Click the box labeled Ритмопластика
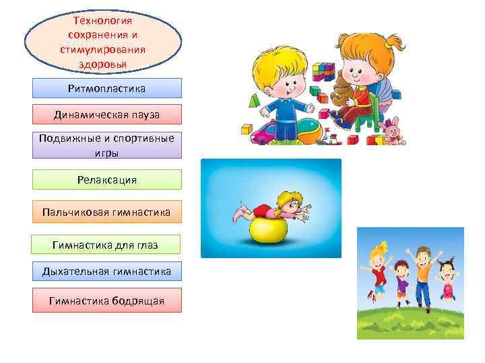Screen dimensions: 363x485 107,88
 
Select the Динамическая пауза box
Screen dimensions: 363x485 107,115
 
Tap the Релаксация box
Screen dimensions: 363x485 107,179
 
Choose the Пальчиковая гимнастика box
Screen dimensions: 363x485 107,212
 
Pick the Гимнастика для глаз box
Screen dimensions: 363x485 106,245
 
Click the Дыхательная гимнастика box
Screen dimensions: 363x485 107,272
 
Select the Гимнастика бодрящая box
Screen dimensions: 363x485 107,300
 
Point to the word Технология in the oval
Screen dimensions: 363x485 102,22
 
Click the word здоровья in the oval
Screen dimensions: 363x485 102,64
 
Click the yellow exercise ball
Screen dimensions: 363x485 268,230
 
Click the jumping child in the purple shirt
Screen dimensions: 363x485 403,282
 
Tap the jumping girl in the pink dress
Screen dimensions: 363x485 445,279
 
